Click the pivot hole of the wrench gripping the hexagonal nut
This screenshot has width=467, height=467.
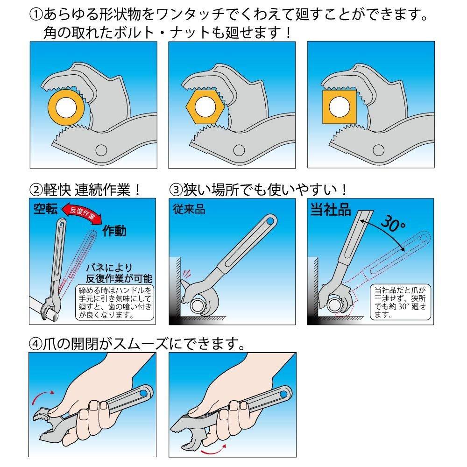tap(239, 150)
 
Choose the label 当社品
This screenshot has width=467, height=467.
tap(331, 210)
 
